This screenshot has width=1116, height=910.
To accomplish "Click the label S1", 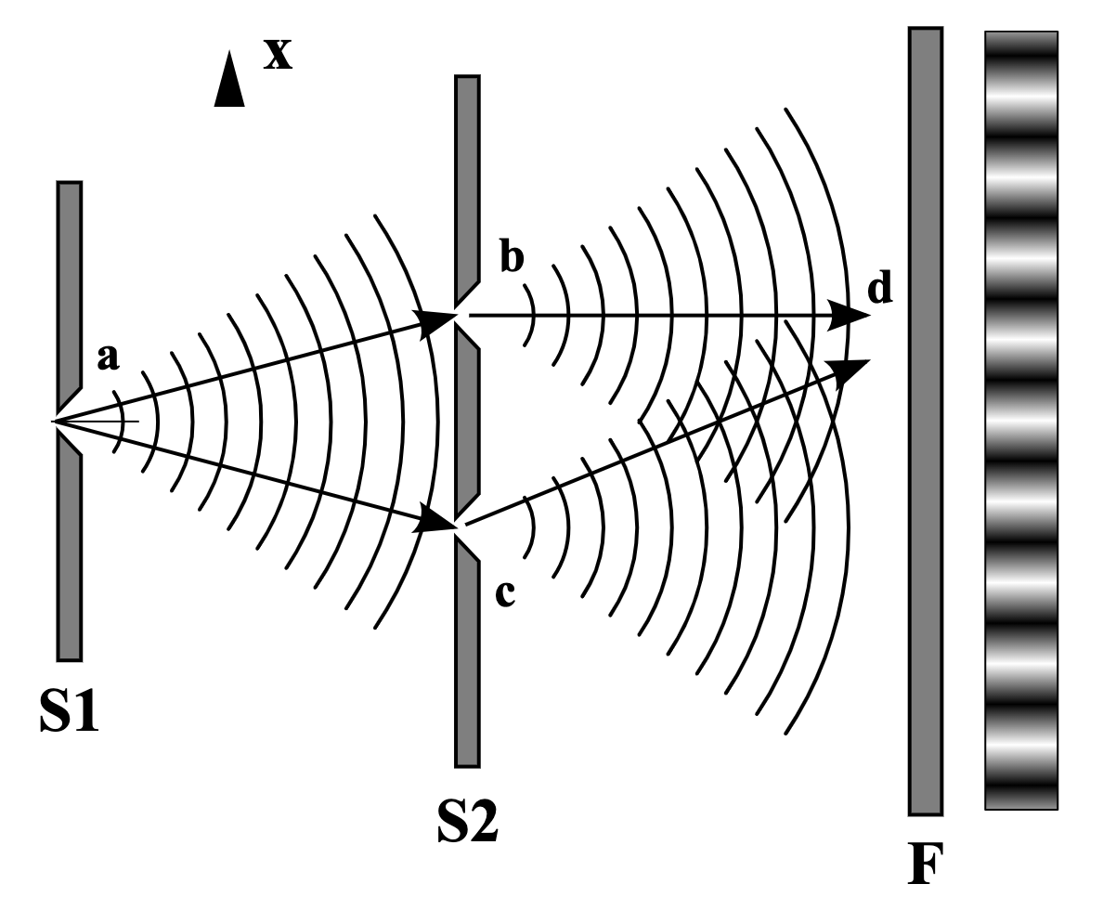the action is pos(70,711).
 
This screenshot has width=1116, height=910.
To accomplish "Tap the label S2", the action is pos(467,821).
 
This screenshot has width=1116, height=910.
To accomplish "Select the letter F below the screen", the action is pos(926,864).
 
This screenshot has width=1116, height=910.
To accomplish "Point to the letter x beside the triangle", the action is pos(278,55).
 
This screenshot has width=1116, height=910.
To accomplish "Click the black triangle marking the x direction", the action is pos(229,79).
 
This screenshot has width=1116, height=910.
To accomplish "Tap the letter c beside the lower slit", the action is pos(505,593).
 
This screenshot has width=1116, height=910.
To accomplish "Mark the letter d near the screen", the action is pos(880,287).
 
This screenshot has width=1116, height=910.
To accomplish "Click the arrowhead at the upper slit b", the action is pos(437,322).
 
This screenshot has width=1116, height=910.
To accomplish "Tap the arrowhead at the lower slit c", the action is pos(436,519).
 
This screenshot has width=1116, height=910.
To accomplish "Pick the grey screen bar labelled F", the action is pos(926,422).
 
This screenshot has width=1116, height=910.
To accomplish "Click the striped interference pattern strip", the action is pos(1021,421).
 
